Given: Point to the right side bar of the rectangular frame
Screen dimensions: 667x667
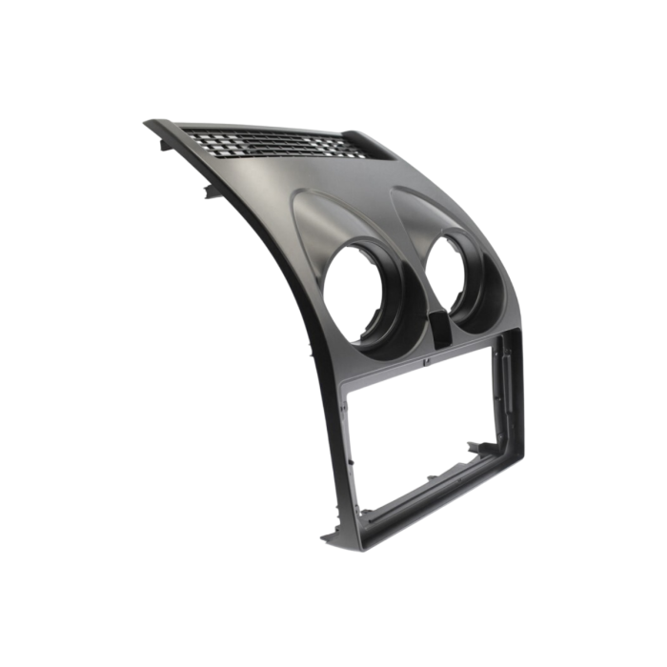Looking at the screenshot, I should pyautogui.click(x=507, y=410).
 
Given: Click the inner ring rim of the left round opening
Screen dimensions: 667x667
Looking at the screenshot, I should pyautogui.click(x=381, y=286).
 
